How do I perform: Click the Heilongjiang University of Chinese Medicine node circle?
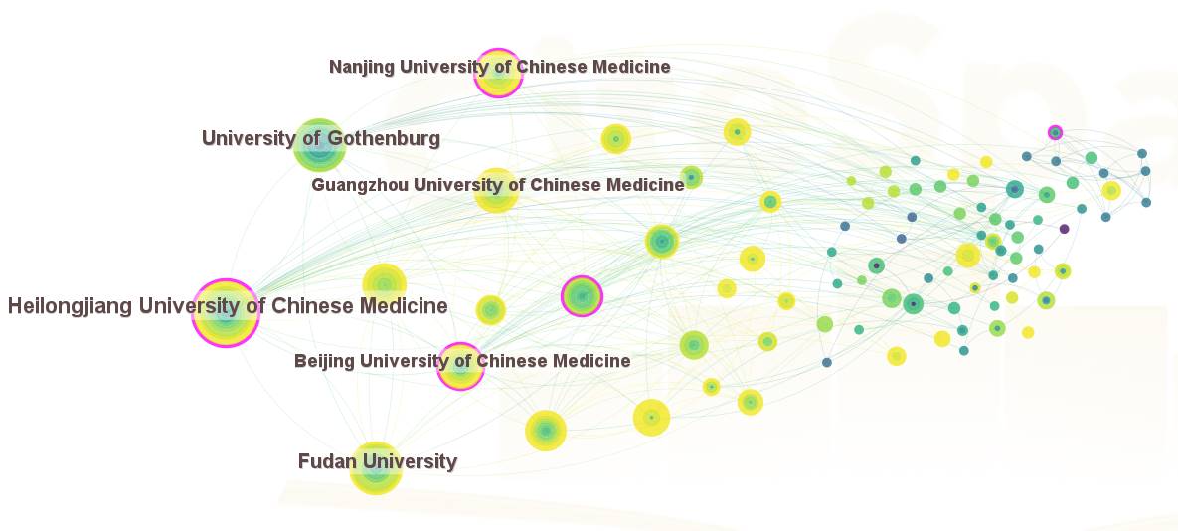[x=226, y=313]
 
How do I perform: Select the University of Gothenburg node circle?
[x=319, y=146]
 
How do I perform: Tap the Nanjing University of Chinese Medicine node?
[x=497, y=73]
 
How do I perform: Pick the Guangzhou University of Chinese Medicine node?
[x=496, y=190]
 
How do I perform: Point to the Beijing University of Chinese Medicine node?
[x=460, y=366]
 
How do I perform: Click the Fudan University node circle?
[x=375, y=468]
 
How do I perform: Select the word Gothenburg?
[x=382, y=139]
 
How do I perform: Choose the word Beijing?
[x=323, y=361]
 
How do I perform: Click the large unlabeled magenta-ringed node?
[x=582, y=296]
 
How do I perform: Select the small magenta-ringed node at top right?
[x=1055, y=132]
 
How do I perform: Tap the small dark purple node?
[x=1064, y=229]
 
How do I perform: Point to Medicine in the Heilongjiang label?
[x=401, y=306]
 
